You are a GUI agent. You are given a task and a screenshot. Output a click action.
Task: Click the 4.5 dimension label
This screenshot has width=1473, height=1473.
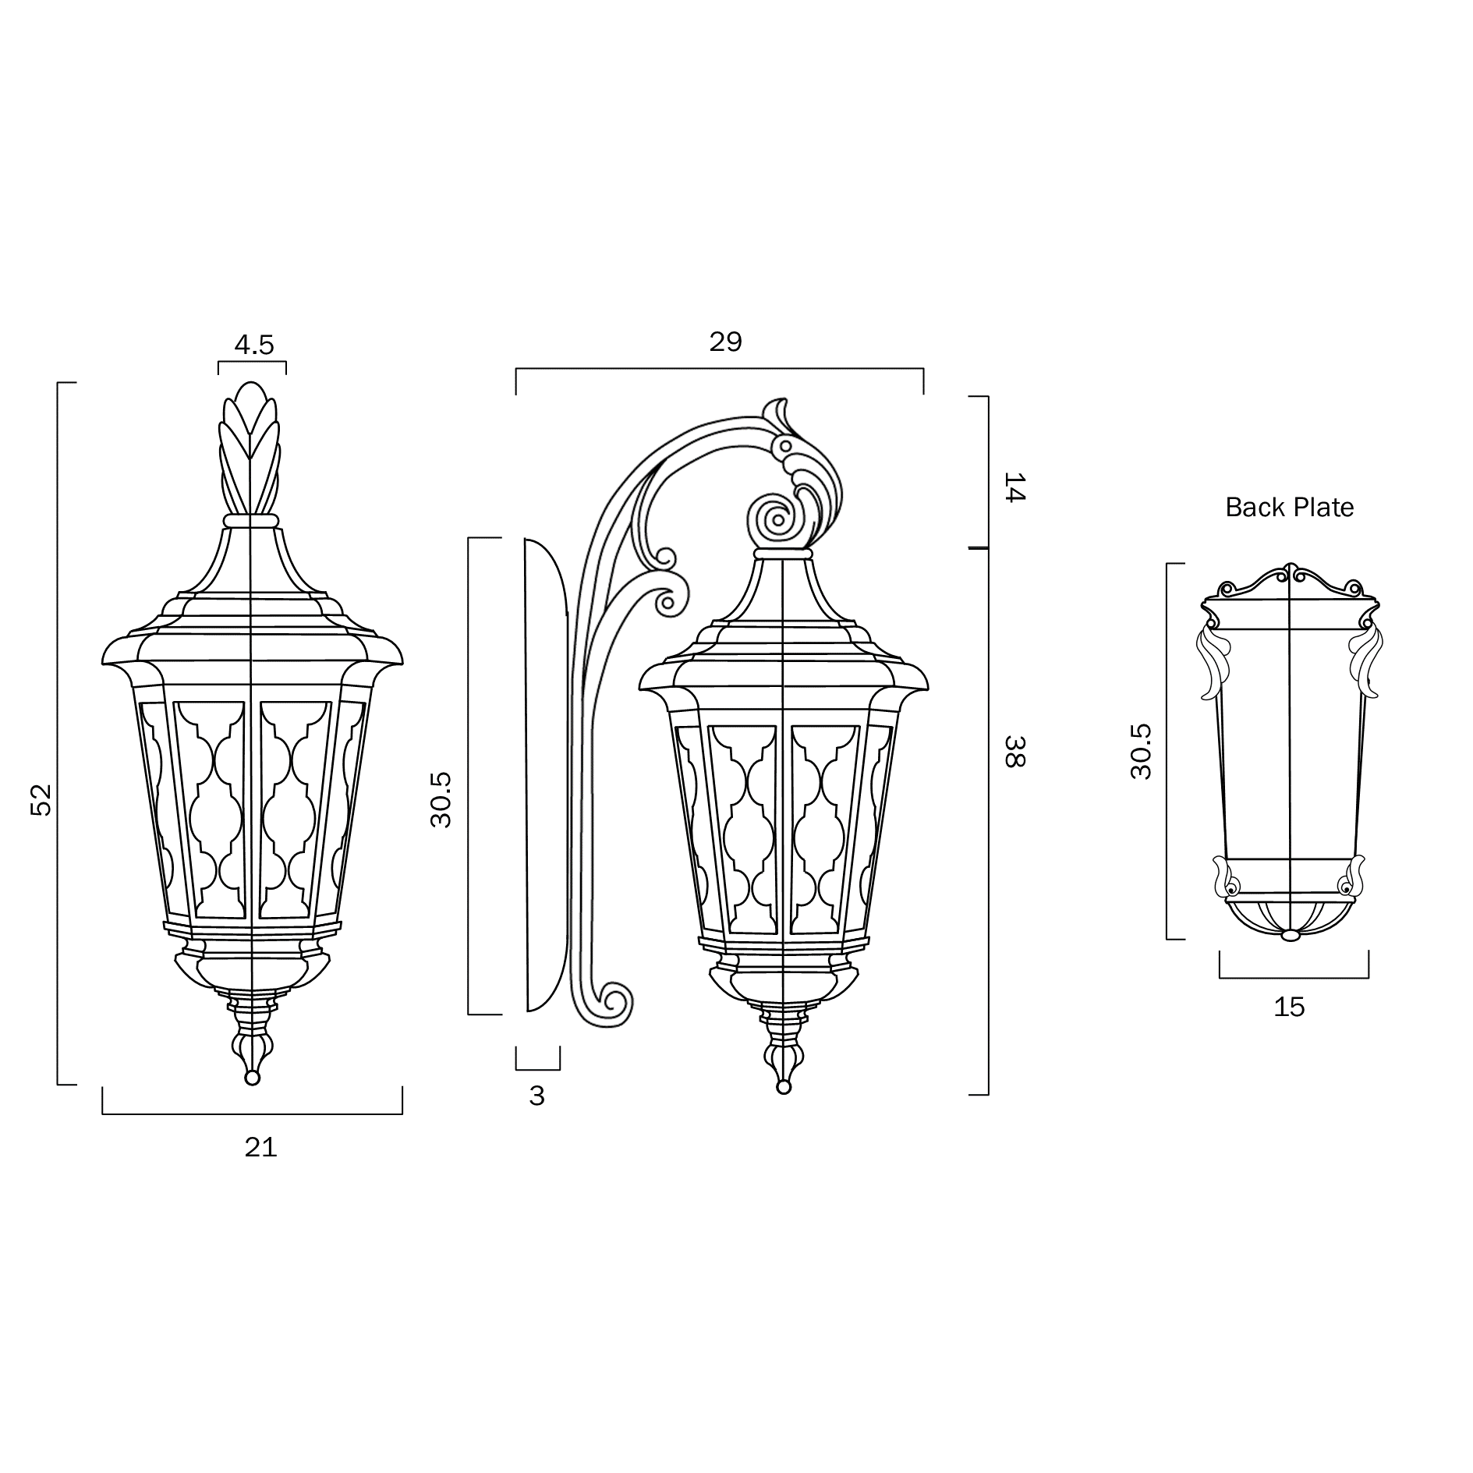[x=254, y=345]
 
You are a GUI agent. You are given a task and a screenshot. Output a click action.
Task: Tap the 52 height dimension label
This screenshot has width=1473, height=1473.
[x=41, y=799]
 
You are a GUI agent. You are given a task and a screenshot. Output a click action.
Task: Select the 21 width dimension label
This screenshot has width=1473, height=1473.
[x=260, y=1148]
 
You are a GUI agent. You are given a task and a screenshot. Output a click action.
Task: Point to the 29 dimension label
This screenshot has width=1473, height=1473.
[x=725, y=342]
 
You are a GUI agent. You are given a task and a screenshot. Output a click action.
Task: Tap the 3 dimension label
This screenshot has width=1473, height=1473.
[x=536, y=1096]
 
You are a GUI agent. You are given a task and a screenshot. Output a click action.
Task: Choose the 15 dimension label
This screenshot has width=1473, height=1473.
[x=1289, y=1007]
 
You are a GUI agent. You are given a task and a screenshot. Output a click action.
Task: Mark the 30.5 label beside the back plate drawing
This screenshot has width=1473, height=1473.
[x=1141, y=752]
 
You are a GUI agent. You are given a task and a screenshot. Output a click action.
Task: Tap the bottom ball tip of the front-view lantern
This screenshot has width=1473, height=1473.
[x=252, y=1078]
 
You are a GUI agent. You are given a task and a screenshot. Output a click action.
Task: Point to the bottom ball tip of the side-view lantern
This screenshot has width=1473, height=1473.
[x=784, y=1087]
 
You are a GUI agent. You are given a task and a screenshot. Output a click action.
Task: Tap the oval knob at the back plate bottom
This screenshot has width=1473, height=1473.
[x=1291, y=935]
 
